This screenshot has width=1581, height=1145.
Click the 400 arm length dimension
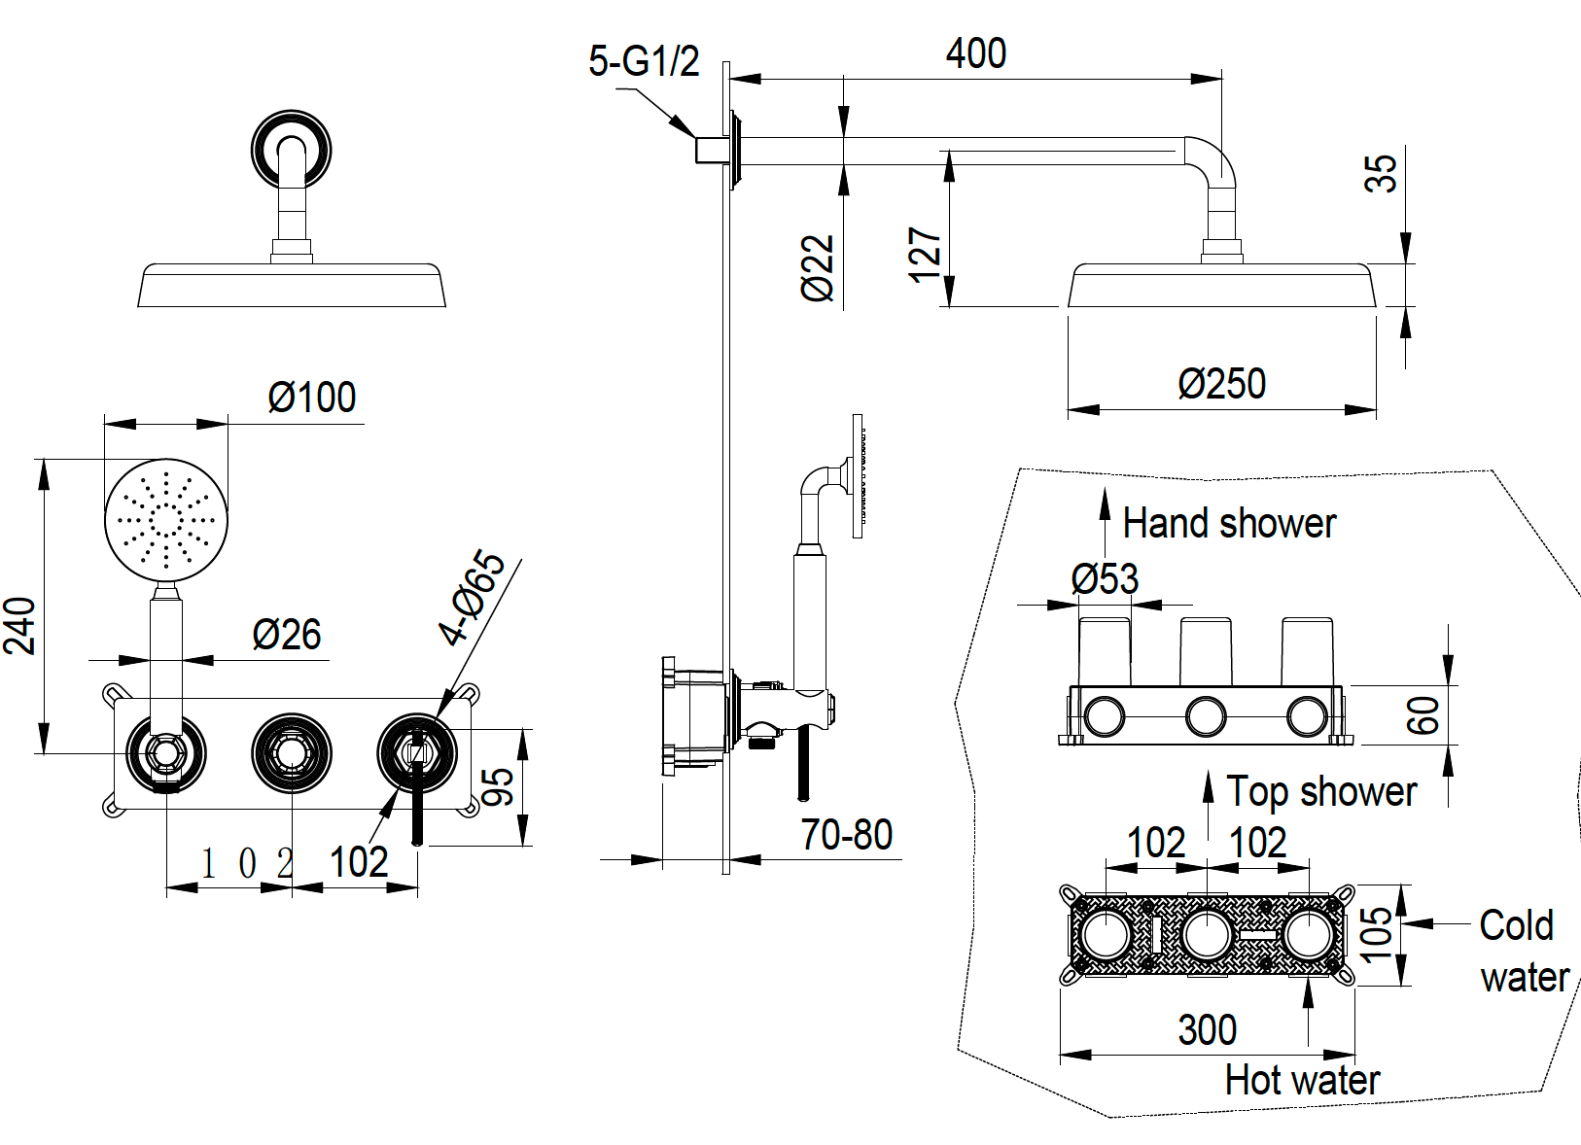[975, 53]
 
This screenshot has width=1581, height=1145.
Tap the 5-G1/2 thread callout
[644, 61]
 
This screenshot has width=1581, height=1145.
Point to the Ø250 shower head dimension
[1221, 384]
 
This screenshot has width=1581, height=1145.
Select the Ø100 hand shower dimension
[312, 398]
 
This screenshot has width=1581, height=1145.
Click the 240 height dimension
[21, 625]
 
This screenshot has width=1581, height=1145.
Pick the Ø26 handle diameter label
[286, 635]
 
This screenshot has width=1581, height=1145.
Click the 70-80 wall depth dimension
[846, 835]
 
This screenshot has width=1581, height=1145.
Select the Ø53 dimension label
[1105, 579]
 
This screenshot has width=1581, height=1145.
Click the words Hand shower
[1229, 524]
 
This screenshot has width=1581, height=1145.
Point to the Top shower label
[1321, 792]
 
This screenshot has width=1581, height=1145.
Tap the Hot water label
[1302, 1080]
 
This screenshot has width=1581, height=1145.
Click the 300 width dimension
[1207, 1030]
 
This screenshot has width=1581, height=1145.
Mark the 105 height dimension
[1377, 934]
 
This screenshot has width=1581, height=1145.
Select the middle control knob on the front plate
[291, 752]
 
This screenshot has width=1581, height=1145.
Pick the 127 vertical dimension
[925, 255]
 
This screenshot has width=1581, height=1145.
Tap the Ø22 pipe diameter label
[818, 267]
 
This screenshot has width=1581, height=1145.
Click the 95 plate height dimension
[497, 786]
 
